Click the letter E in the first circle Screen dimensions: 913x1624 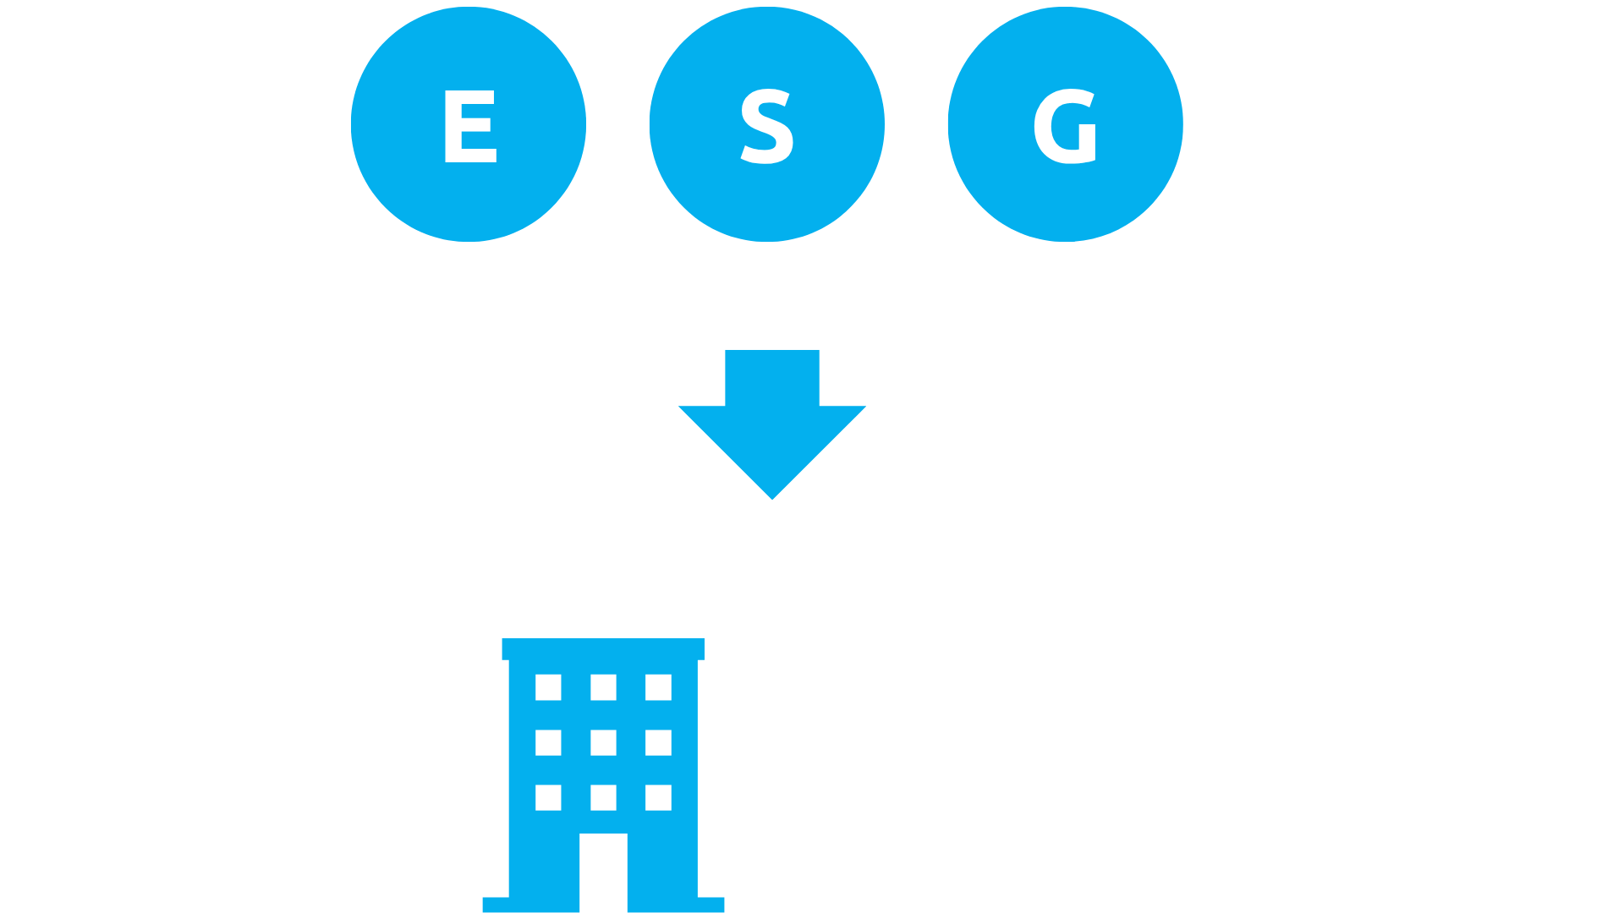469,127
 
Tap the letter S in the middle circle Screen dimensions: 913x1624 766,127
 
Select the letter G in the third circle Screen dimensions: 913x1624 1065,127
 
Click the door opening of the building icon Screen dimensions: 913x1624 603,872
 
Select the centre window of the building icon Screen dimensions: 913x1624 603,742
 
